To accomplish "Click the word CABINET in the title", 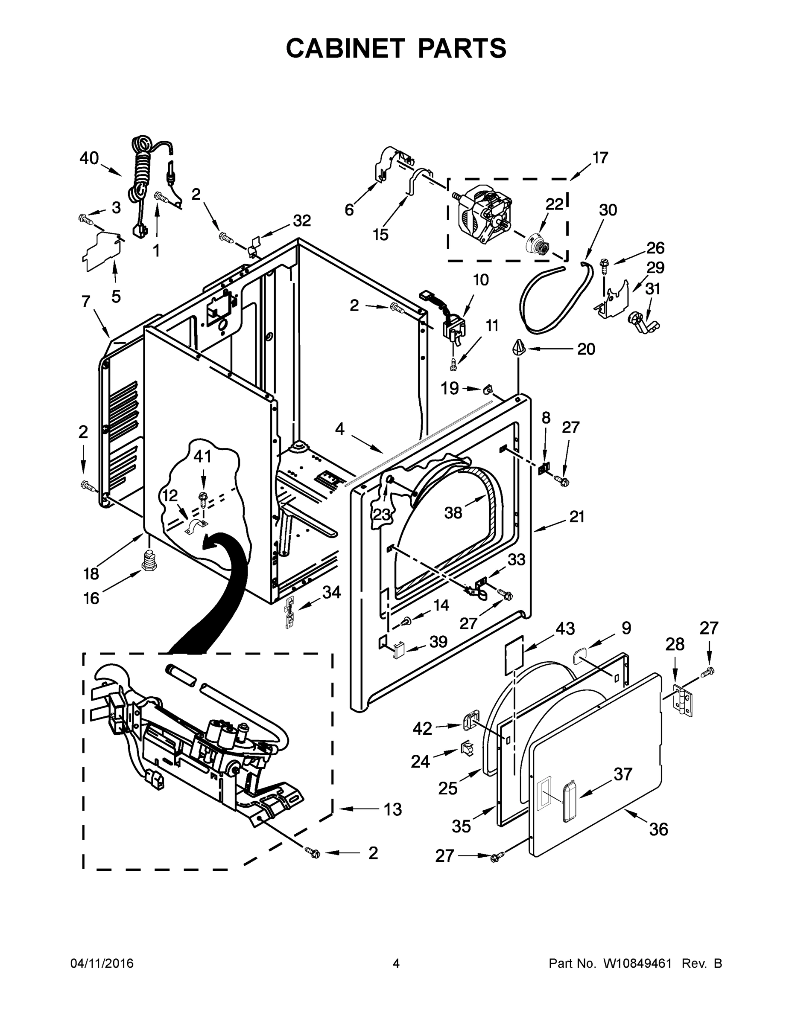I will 345,48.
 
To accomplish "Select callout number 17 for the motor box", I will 599,157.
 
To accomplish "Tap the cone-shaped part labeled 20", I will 517,348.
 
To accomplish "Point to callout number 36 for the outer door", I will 658,829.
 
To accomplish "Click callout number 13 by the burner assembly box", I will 392,809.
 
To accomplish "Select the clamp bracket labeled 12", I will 196,526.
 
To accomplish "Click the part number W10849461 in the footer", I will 635,963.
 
